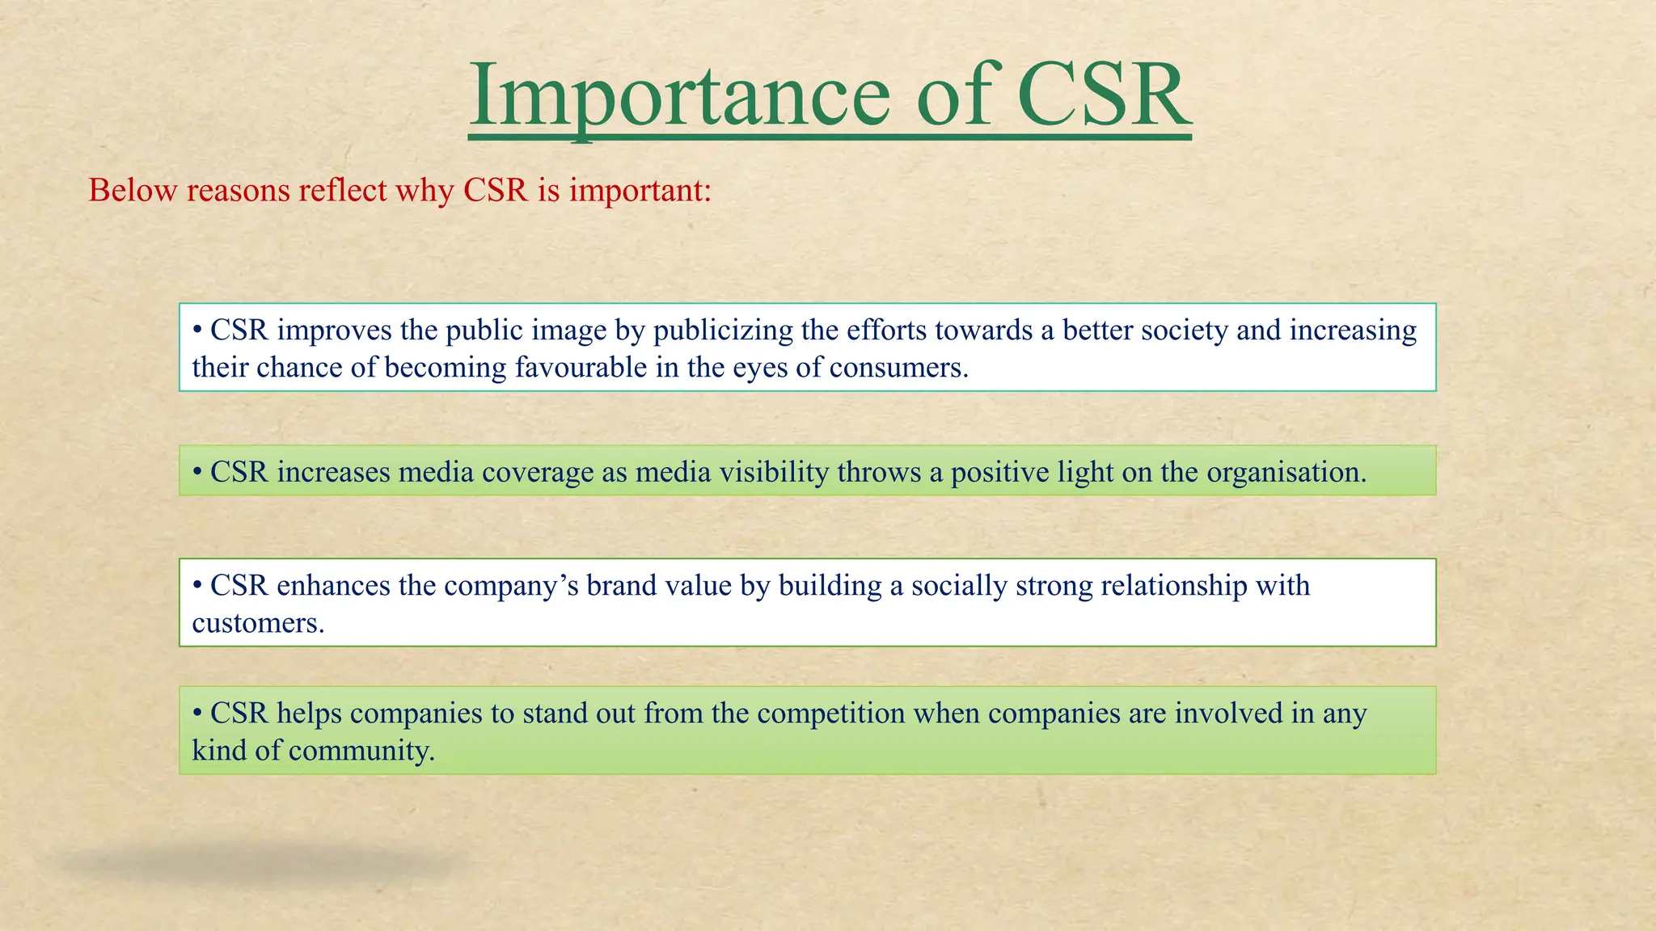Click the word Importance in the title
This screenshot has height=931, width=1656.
click(679, 97)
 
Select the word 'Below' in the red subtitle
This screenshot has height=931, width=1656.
click(133, 191)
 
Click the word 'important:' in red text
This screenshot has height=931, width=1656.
click(640, 191)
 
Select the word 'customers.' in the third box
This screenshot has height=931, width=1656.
click(258, 623)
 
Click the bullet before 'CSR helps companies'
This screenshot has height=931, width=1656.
click(197, 714)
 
